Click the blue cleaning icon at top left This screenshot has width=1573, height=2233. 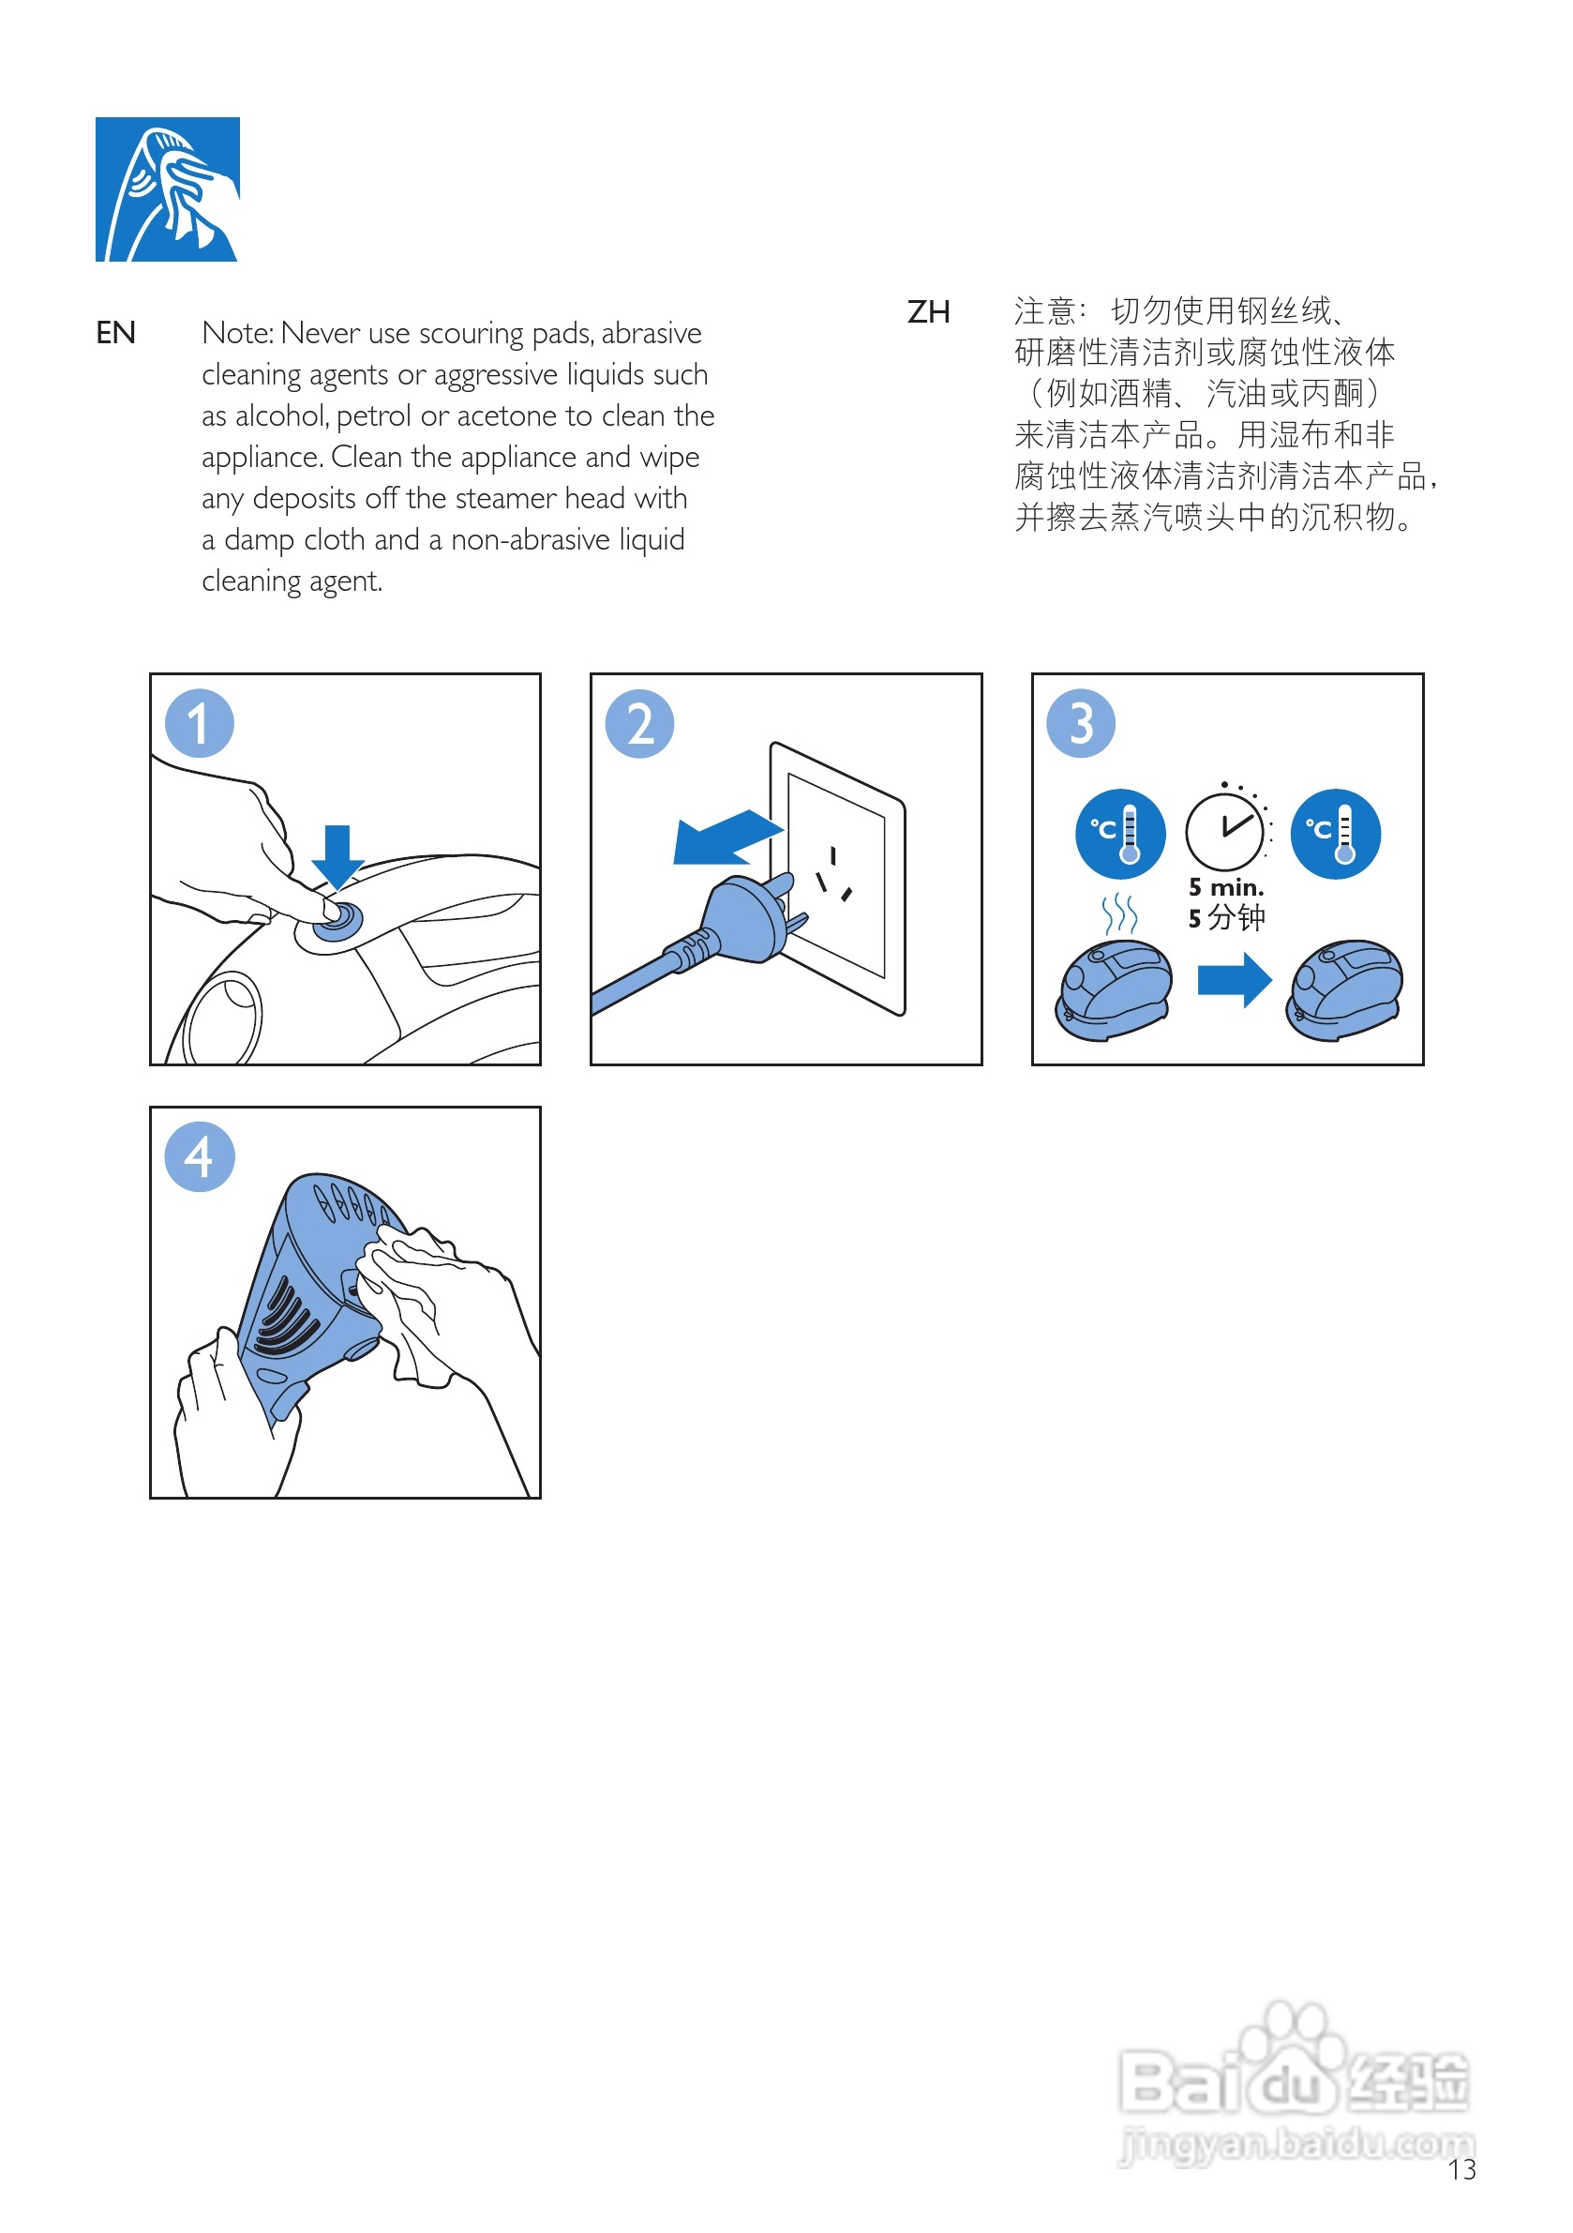[x=167, y=189]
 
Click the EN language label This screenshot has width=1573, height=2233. [x=115, y=334]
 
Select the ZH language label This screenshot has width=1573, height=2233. [x=928, y=312]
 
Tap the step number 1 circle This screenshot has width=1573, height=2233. [x=200, y=724]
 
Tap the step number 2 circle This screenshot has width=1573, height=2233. [x=639, y=724]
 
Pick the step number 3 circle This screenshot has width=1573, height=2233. [x=1081, y=724]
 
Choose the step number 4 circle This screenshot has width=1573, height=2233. [x=200, y=1156]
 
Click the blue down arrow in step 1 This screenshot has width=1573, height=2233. [x=337, y=856]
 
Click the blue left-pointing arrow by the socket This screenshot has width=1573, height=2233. [x=727, y=837]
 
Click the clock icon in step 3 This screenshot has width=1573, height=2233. [x=1227, y=830]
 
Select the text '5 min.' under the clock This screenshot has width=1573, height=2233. [x=1227, y=887]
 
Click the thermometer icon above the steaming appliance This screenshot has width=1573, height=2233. [x=1120, y=834]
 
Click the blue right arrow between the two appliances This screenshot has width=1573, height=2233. [x=1235, y=980]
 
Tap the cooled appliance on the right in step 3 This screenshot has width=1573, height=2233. [x=1344, y=989]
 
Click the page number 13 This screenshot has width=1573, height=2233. [x=1461, y=2170]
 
